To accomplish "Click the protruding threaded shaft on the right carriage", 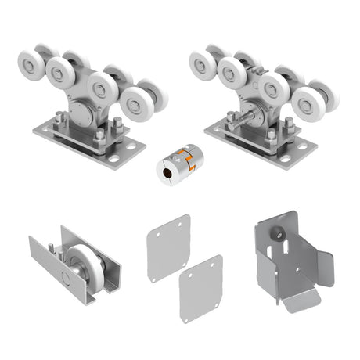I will [238, 121].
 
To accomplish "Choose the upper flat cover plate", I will [167, 247].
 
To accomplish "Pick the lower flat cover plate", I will [200, 289].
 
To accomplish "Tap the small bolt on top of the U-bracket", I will [51, 248].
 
